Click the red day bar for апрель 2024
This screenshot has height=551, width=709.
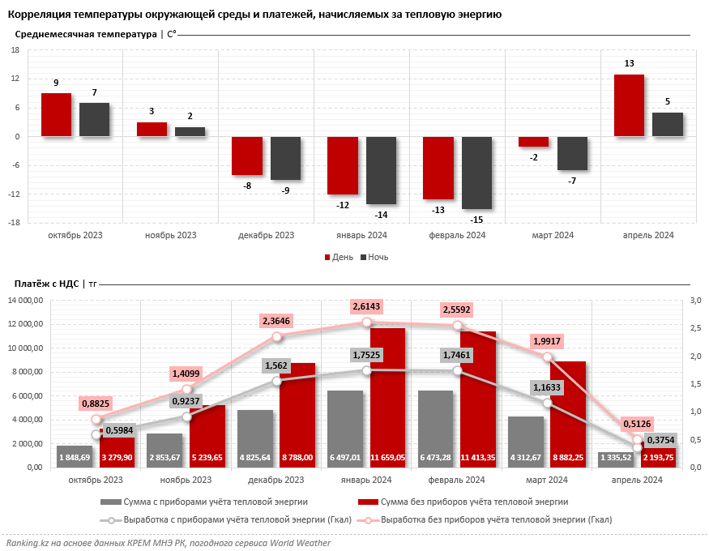pyautogui.click(x=629, y=105)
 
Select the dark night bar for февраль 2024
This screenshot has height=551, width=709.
pyautogui.click(x=476, y=173)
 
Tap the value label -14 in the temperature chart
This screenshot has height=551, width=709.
pyautogui.click(x=381, y=215)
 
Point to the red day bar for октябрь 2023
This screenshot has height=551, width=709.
pyautogui.click(x=56, y=115)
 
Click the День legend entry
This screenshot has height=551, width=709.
pyautogui.click(x=339, y=257)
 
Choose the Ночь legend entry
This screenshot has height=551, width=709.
pyautogui.click(x=374, y=257)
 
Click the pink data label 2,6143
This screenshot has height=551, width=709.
pyautogui.click(x=367, y=306)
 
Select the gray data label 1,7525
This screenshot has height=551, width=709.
pyautogui.click(x=367, y=355)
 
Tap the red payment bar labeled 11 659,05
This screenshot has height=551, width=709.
pyautogui.click(x=387, y=398)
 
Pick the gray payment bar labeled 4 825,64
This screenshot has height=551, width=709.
pyautogui.click(x=255, y=439)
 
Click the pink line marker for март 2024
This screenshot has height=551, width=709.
pyautogui.click(x=547, y=357)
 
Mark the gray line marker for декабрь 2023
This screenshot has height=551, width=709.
pyautogui.click(x=277, y=381)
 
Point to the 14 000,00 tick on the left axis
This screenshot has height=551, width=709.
pyautogui.click(x=26, y=300)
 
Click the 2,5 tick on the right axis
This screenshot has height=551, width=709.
pyautogui.click(x=695, y=327)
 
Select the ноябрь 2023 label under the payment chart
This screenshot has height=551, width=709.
pyautogui.click(x=186, y=480)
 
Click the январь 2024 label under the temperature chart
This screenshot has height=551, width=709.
pyautogui.click(x=361, y=235)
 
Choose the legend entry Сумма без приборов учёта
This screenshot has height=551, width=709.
pyautogui.click(x=463, y=502)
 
